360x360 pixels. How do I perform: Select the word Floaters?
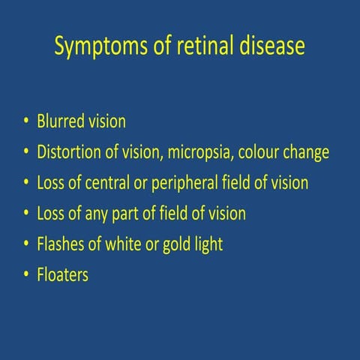click(x=62, y=275)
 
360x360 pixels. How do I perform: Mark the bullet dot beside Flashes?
click(x=26, y=245)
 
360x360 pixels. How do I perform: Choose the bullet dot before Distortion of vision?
click(x=26, y=153)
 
